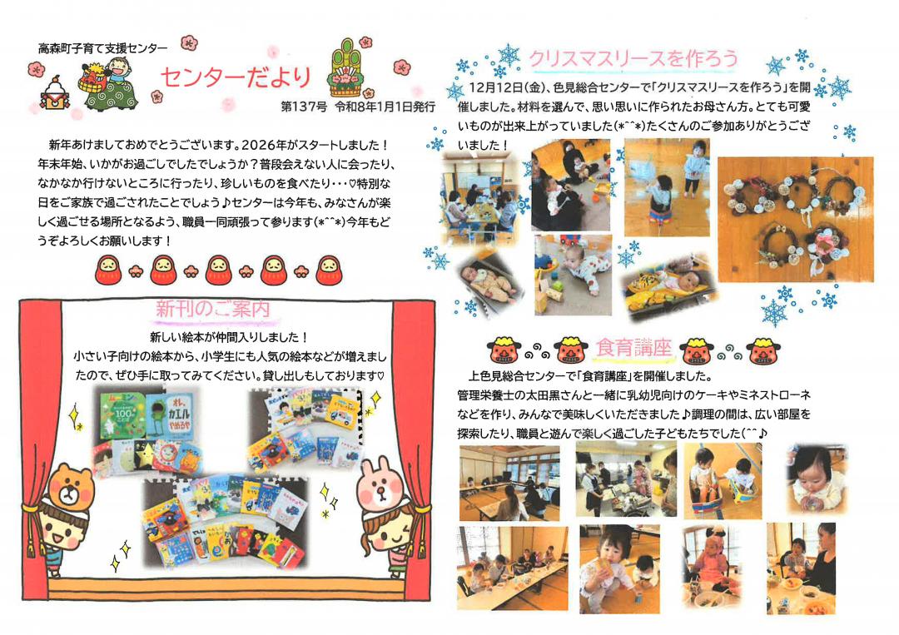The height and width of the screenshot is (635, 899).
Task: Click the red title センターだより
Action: tap(236, 78)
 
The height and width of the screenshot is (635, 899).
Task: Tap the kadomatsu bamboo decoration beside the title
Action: tap(352, 70)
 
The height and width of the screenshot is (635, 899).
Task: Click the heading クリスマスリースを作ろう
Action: tap(633, 58)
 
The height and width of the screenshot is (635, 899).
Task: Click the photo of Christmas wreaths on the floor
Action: tap(795, 219)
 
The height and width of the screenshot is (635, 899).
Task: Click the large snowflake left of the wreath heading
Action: tap(508, 57)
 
